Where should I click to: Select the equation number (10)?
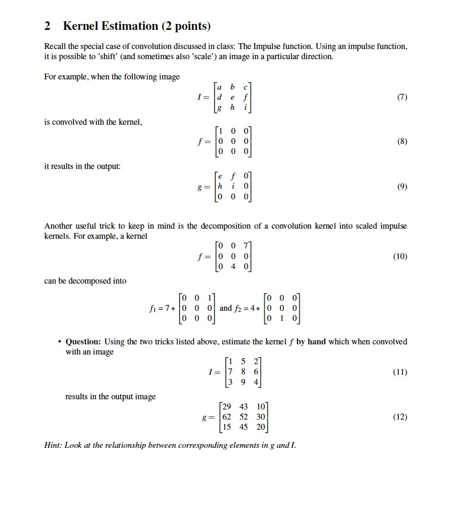click(x=400, y=256)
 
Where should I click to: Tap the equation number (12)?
click(x=400, y=417)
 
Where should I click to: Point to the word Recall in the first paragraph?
click(x=55, y=47)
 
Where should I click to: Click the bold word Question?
click(x=84, y=342)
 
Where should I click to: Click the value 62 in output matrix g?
click(x=229, y=417)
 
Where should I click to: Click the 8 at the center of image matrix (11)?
click(x=244, y=372)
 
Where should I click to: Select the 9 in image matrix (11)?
click(x=244, y=382)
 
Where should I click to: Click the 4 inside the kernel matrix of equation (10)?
click(x=234, y=267)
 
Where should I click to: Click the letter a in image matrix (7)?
click(x=220, y=87)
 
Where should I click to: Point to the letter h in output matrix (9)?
click(x=220, y=187)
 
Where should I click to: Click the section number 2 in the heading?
click(x=47, y=26)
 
